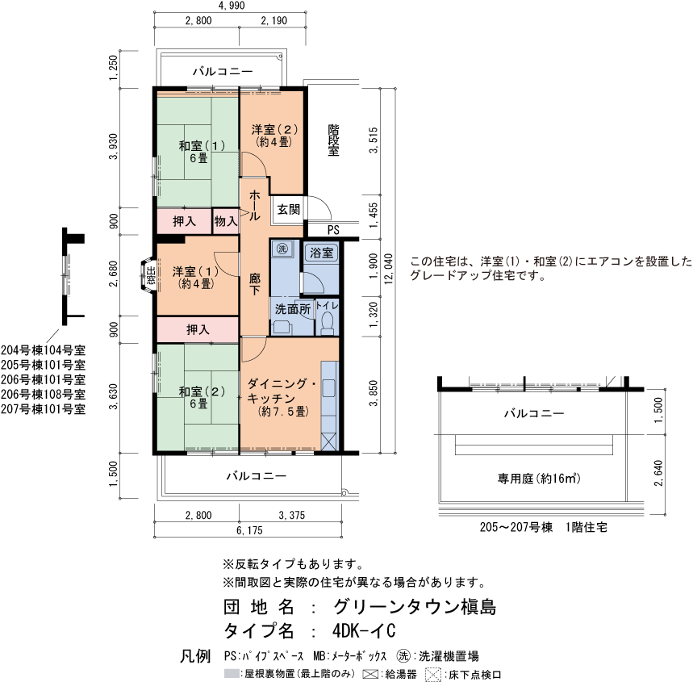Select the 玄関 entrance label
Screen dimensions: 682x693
[288, 209]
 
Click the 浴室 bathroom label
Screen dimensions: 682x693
[322, 253]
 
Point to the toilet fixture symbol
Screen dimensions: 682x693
[327, 322]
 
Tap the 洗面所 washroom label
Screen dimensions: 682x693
[292, 308]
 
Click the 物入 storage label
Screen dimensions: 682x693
[225, 220]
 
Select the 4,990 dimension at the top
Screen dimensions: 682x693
[232, 6]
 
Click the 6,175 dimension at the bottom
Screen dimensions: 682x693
[250, 530]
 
